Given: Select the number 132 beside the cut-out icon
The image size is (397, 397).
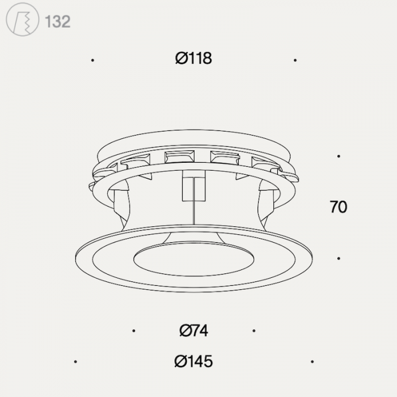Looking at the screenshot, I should coord(57,22).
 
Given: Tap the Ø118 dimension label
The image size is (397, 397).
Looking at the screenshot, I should coord(193,58).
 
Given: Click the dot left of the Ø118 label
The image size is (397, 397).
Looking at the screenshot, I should coord(92,60).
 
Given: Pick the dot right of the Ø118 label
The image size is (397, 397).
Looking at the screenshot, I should coord(295,60).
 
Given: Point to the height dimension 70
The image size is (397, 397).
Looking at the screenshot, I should coord(338,207).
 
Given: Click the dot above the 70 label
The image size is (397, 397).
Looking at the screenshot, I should coord(339,156).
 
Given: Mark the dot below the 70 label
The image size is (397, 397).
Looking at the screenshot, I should coord(339,258).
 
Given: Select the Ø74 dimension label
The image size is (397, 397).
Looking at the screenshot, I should coord(193,330).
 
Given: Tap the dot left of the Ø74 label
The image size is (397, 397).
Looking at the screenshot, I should coord(133,331).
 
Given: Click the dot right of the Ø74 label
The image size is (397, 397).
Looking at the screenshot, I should coord(254,331).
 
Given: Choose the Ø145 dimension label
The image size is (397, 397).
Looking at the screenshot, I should coord(193,361).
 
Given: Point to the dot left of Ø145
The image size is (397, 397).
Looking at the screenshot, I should coord(75,361).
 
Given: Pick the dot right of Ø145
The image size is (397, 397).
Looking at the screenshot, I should coord(312,361).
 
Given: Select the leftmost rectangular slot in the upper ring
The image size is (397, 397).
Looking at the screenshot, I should coord(135,163).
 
